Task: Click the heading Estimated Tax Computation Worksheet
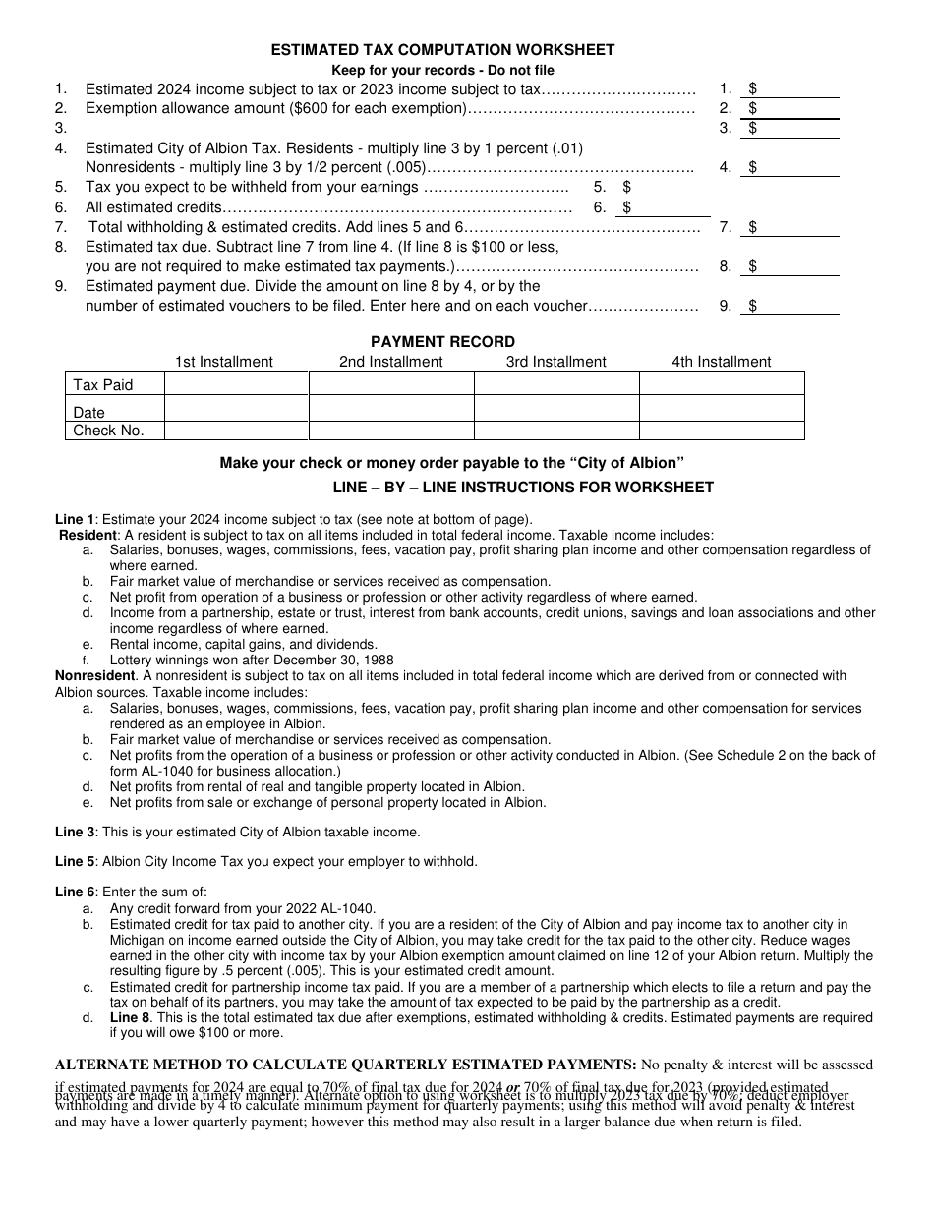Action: click(x=442, y=50)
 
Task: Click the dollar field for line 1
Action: click(x=796, y=88)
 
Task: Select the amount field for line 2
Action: click(x=796, y=108)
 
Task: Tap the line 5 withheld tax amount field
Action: click(x=669, y=187)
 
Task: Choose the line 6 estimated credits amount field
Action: click(x=669, y=207)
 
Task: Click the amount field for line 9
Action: click(x=796, y=306)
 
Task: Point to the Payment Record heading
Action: click(x=442, y=342)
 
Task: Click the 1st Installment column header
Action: click(x=224, y=362)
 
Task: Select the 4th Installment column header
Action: click(x=722, y=362)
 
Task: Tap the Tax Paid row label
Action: click(x=102, y=384)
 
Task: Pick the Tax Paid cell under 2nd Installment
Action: click(x=391, y=383)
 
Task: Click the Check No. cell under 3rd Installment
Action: click(x=556, y=431)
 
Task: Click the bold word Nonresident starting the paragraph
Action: click(x=94, y=676)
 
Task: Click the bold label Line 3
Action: click(x=75, y=833)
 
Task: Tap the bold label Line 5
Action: click(x=75, y=862)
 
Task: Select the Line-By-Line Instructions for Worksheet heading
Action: click(x=523, y=488)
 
